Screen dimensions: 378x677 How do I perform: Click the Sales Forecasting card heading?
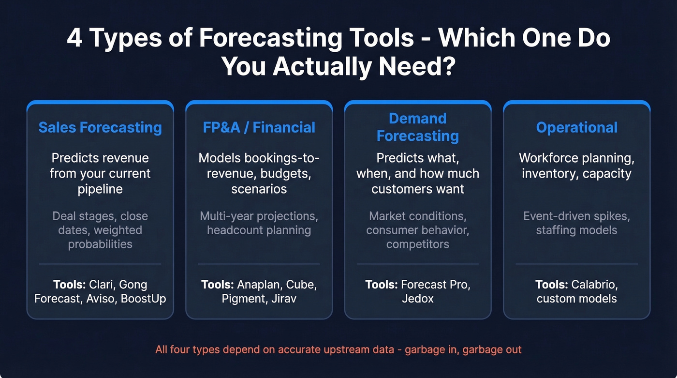point(100,127)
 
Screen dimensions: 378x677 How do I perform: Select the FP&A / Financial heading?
point(259,127)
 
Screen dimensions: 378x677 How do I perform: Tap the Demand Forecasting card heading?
point(418,127)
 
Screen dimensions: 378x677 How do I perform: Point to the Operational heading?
point(576,127)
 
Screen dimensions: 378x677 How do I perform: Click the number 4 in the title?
point(74,39)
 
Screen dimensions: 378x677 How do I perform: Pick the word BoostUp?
point(144,299)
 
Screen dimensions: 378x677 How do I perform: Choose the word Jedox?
point(418,299)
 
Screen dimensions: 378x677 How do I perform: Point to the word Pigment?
point(243,299)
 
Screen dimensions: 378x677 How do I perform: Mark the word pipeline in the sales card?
point(100,189)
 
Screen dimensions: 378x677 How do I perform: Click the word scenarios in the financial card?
point(259,189)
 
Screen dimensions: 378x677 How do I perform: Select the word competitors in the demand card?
point(418,244)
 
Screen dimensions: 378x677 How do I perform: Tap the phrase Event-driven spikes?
point(576,216)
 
